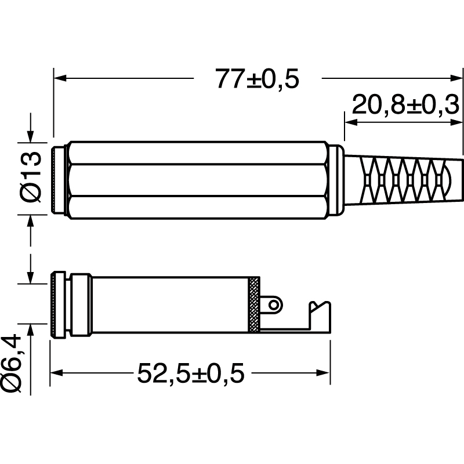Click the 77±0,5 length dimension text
pyautogui.click(x=257, y=79)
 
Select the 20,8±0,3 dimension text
pyautogui.click(x=405, y=105)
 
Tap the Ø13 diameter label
pyautogui.click(x=31, y=177)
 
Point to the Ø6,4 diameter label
pyautogui.click(x=11, y=364)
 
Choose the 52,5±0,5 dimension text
pyautogui.click(x=191, y=373)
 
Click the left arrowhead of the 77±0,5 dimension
pyautogui.click(x=60, y=78)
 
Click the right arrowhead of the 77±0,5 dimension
pyautogui.click(x=456, y=78)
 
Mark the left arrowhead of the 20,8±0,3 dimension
pyautogui.click(x=351, y=122)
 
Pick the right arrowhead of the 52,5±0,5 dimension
pyautogui.click(x=323, y=373)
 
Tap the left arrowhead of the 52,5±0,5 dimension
pyautogui.click(x=56, y=373)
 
